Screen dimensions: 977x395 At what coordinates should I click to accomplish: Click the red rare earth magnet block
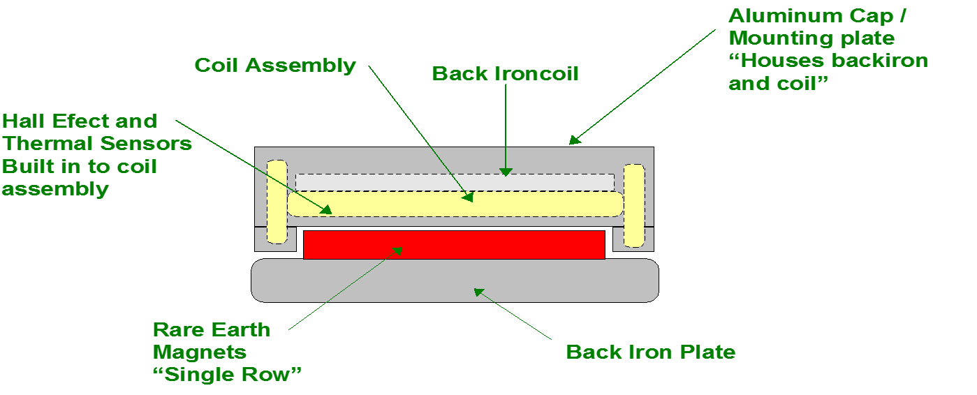pyautogui.click(x=454, y=244)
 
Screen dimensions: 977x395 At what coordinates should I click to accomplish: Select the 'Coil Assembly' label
pyautogui.click(x=275, y=66)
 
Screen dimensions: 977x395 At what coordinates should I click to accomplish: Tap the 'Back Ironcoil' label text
pyautogui.click(x=505, y=74)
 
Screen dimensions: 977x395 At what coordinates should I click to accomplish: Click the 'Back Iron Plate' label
pyautogui.click(x=651, y=352)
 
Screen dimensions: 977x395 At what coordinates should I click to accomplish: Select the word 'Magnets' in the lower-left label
pyautogui.click(x=200, y=352)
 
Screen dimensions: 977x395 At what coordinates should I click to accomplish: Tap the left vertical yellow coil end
pyautogui.click(x=277, y=202)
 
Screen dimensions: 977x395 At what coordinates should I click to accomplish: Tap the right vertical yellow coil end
pyautogui.click(x=634, y=205)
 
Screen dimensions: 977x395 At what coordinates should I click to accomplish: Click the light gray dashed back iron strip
pyautogui.click(x=455, y=182)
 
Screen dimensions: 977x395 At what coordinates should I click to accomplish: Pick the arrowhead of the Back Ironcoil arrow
pyautogui.click(x=506, y=172)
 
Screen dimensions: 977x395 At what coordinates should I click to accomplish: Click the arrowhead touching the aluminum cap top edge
pyautogui.click(x=575, y=140)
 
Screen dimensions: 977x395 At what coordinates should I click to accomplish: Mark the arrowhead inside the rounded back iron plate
pyautogui.click(x=479, y=292)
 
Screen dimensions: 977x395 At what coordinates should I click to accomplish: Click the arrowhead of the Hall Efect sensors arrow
pyautogui.click(x=325, y=210)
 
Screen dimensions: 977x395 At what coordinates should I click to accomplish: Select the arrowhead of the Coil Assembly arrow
pyautogui.click(x=468, y=197)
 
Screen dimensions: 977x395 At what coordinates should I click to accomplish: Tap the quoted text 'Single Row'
pyautogui.click(x=227, y=375)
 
